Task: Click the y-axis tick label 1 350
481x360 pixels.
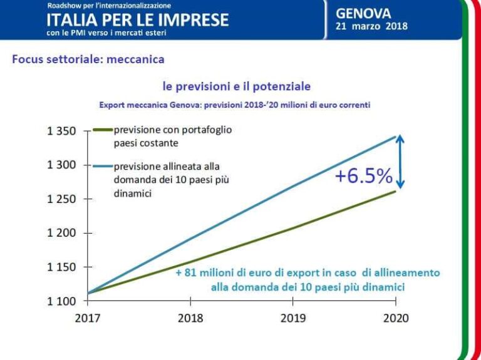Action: pos(62,131)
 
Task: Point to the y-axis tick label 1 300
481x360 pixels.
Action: pos(62,165)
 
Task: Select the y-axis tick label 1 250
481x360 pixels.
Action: pos(62,199)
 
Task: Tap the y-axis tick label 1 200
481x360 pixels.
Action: pos(62,233)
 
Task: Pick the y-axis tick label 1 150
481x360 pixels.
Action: pos(62,267)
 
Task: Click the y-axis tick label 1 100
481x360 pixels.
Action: pos(62,301)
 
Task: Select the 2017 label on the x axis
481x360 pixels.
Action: pos(88,318)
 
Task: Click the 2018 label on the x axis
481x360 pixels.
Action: pos(190,318)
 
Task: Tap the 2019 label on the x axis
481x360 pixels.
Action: pos(292,318)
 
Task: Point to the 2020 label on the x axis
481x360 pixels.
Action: pos(395,318)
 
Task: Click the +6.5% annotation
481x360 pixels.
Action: pos(363,177)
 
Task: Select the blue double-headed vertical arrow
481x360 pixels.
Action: pos(401,162)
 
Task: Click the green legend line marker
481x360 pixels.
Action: pos(102,131)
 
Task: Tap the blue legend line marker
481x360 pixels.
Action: pos(102,166)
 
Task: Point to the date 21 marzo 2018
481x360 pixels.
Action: pos(371,26)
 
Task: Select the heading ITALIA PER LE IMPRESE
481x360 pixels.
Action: pos(137,19)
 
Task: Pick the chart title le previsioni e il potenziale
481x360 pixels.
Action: pos(236,86)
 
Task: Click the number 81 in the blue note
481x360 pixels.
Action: pos(189,273)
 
